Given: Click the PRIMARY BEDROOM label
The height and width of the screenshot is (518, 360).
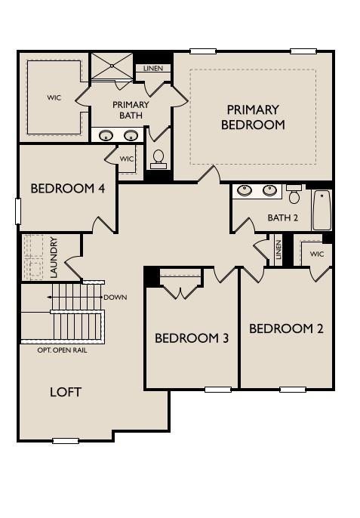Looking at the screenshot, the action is click(x=253, y=117).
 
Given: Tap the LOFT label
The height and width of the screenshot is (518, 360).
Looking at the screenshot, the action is click(x=66, y=392).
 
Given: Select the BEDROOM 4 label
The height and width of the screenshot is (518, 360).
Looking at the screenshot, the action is click(x=68, y=188).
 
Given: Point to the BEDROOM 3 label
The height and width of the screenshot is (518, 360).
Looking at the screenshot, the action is click(x=192, y=338).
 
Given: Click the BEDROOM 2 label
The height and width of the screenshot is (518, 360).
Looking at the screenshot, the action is click(x=286, y=328).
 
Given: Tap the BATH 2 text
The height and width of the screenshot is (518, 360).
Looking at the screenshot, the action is click(x=283, y=217).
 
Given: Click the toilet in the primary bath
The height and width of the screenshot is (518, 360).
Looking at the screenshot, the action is click(x=158, y=159).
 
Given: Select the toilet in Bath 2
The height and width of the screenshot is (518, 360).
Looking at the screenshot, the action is click(x=294, y=194).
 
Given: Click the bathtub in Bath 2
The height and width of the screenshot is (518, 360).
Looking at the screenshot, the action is click(x=322, y=210).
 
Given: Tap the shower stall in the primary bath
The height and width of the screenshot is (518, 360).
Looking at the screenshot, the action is click(x=112, y=66).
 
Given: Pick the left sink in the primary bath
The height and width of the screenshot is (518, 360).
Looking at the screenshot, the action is click(x=106, y=135).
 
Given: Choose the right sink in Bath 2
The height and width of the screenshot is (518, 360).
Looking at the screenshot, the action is click(x=269, y=190).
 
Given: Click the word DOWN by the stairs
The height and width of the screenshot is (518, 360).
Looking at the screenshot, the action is click(x=115, y=298).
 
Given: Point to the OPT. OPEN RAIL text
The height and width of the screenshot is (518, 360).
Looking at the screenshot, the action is click(x=63, y=350).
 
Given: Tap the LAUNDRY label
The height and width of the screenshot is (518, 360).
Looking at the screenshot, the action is click(x=54, y=257).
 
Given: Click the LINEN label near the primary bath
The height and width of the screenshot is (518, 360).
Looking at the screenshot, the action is click(x=153, y=69).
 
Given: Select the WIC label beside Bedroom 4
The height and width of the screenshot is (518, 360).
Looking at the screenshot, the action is click(x=127, y=159).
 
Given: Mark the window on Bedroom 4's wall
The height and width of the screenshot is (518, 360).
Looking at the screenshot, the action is click(x=18, y=211).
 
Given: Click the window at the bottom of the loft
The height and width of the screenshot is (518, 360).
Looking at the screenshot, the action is click(x=66, y=441).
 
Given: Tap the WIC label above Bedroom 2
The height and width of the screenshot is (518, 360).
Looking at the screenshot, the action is click(x=317, y=254).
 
